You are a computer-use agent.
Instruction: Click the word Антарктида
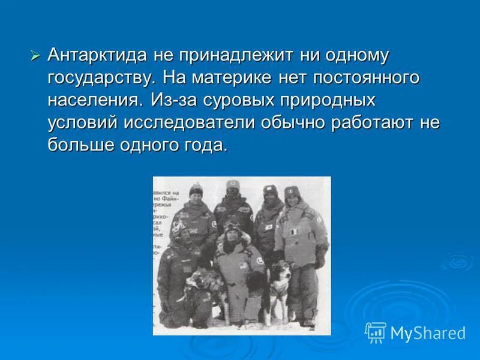(x=97, y=56)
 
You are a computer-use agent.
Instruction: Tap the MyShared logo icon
(x=376, y=332)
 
